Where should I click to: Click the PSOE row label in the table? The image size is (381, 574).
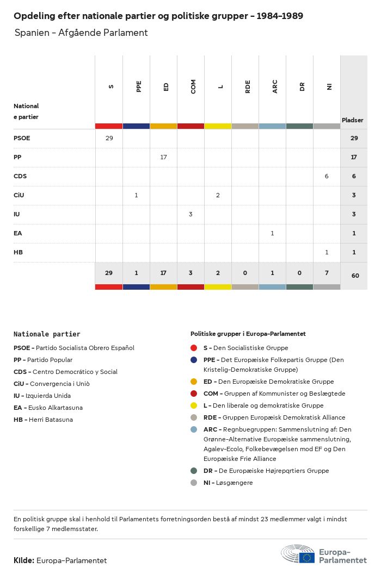point(22,138)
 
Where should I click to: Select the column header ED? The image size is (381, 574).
point(166,86)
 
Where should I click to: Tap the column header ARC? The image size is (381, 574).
point(275,86)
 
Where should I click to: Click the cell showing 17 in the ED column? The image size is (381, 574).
point(163,157)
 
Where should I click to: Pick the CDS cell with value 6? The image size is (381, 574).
point(327,176)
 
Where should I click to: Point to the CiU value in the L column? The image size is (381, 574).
point(218,195)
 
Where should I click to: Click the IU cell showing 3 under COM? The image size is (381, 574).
point(190,214)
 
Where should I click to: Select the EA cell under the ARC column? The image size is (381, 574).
point(272,233)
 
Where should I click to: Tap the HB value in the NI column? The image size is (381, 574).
point(327,252)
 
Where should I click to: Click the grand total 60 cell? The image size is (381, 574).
point(355,276)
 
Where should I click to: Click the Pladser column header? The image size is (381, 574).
point(353,120)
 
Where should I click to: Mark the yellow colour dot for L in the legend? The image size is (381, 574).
point(194,405)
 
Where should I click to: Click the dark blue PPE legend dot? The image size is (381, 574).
point(194,360)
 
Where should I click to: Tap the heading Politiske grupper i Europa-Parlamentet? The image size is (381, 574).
point(248,334)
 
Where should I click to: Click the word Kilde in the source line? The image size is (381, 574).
point(23,560)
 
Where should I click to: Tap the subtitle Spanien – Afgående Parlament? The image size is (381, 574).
point(81,33)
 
